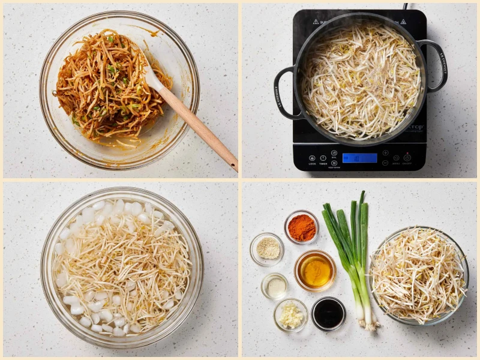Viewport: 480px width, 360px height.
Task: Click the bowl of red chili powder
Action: [301, 227]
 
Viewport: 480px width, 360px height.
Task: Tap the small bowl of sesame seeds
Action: [268, 248]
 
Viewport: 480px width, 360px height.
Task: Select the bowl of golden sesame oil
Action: [315, 271]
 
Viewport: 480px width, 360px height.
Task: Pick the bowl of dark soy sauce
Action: [328, 313]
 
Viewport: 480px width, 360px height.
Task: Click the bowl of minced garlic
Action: [291, 315]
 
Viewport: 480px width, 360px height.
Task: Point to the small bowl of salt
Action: [275, 286]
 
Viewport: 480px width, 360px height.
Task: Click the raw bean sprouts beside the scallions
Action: [418, 275]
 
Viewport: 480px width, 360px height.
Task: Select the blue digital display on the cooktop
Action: [359, 158]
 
